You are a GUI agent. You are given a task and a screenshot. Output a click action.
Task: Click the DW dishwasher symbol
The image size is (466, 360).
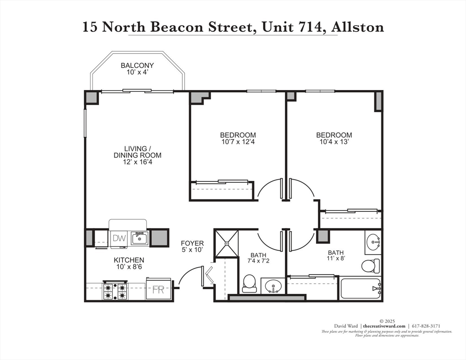point(120,238)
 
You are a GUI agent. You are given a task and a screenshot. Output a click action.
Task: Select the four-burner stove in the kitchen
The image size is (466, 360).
point(115,290)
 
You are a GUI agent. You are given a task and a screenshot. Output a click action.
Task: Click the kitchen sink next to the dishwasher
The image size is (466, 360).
point(139,239)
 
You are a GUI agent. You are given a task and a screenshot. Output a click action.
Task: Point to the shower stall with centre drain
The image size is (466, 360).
point(226,243)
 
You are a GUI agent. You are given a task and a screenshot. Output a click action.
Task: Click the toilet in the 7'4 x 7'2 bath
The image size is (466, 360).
point(249,284)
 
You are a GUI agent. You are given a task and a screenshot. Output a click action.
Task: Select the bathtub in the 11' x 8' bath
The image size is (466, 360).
point(360,289)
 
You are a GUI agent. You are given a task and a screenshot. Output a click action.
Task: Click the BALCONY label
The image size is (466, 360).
point(137,66)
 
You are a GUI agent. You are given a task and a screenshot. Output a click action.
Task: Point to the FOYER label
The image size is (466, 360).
point(192,243)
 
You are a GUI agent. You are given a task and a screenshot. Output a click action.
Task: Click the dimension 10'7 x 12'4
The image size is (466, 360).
point(239,142)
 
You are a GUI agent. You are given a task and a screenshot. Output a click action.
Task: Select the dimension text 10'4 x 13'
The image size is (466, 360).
point(334,142)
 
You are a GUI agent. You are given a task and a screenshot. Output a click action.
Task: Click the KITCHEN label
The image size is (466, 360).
point(129,260)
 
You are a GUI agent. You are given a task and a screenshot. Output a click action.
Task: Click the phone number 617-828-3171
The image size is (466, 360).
point(426,326)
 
